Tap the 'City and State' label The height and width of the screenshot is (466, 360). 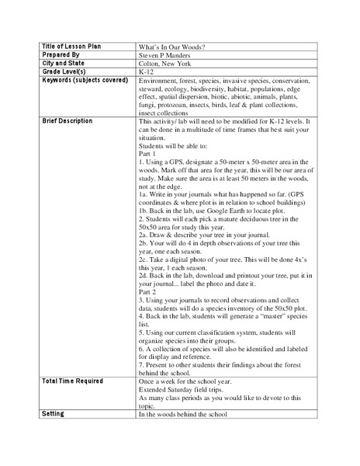pos(63,64)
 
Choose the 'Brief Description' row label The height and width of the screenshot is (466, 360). pos(67,121)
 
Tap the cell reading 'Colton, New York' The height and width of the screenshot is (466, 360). pos(168,64)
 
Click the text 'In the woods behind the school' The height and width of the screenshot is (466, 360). pos(183,414)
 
